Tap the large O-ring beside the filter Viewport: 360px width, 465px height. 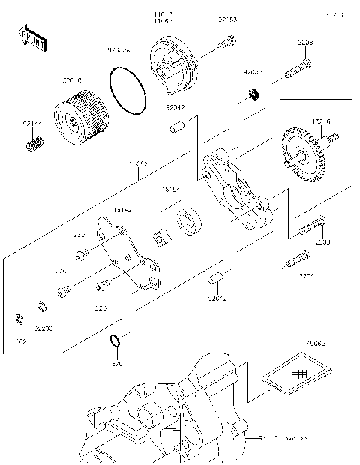pos(128,89)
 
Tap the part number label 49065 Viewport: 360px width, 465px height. pos(316,344)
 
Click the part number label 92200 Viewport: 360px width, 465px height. pos(43,328)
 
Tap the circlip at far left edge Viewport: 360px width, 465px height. pos(18,320)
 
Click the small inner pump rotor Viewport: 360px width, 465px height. pos(160,237)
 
